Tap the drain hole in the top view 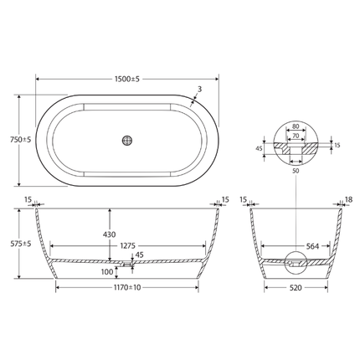coord(128,141)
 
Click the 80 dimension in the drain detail coord(293,126)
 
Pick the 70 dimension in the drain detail coord(293,134)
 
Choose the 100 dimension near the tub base coord(106,271)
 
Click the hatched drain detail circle coord(293,143)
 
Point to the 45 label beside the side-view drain coord(139,255)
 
